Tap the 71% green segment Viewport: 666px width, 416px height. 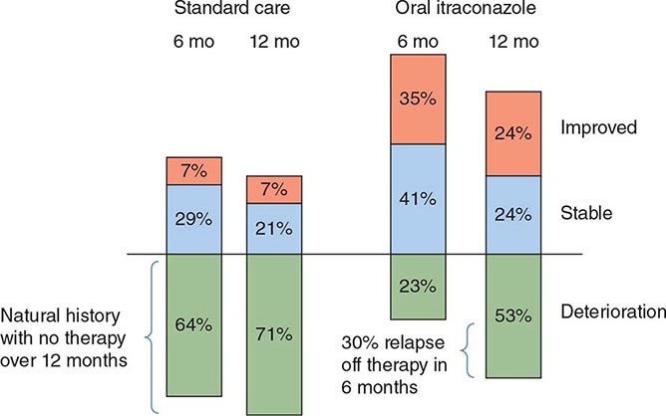275,332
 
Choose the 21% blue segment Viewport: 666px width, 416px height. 275,229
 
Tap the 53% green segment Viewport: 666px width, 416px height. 512,315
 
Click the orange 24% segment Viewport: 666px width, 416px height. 512,133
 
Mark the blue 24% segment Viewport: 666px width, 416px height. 512,214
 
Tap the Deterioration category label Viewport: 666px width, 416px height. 611,312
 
